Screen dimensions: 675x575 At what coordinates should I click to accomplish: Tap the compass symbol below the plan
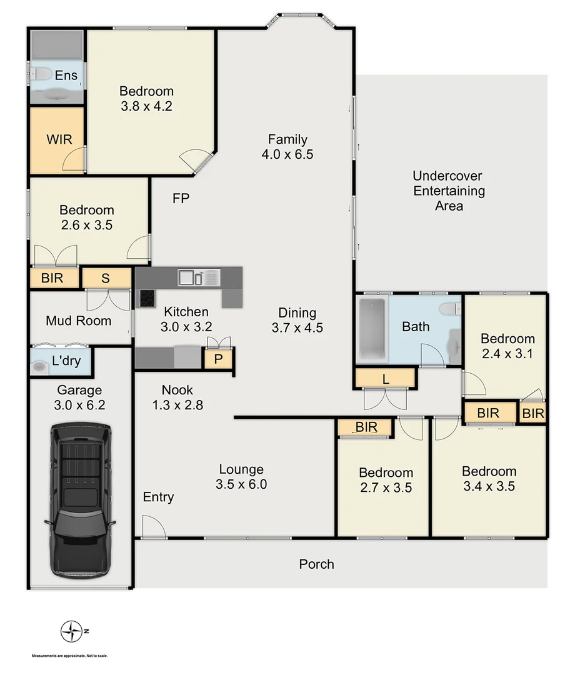(71, 631)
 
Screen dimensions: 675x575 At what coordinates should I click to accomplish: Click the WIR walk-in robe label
(59, 138)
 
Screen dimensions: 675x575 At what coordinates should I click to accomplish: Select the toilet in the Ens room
(42, 74)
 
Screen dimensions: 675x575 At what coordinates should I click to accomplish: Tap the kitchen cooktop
(146, 299)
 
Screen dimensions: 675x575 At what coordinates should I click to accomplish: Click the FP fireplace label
(181, 199)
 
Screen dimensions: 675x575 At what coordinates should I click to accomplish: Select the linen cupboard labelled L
(384, 377)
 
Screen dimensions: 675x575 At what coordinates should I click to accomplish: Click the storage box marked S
(106, 278)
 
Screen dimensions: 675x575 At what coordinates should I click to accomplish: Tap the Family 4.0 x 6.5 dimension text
(287, 154)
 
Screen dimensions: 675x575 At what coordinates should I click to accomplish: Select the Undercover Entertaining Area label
(449, 191)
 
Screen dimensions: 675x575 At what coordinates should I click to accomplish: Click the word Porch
(316, 564)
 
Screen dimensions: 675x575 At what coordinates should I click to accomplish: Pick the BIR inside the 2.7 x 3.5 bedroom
(365, 427)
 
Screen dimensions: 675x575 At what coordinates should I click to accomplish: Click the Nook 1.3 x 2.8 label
(178, 397)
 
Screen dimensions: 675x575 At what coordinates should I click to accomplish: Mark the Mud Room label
(79, 321)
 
